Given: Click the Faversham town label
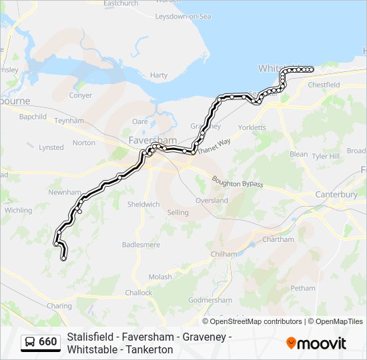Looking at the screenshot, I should [x=153, y=141].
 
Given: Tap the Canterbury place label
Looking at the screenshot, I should [x=336, y=195].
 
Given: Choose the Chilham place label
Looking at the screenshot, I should [x=224, y=254].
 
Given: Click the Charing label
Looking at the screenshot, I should [x=59, y=306].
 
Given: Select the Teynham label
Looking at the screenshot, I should [x=69, y=121].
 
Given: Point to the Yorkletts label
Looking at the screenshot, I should [x=252, y=127].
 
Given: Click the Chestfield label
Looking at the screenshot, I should [x=324, y=85].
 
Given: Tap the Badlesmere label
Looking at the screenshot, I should [x=141, y=245].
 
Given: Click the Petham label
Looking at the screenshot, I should [x=303, y=288].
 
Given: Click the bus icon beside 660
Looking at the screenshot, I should [x=30, y=342].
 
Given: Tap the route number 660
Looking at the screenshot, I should [x=48, y=342].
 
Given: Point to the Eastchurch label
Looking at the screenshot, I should [x=121, y=3].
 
